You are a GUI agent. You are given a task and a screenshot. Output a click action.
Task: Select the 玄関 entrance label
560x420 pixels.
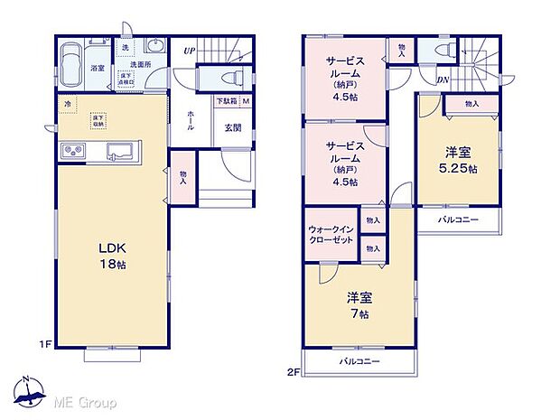pyautogui.click(x=231, y=127)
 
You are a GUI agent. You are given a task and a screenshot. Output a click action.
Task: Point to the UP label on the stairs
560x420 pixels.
pyautogui.click(x=189, y=51)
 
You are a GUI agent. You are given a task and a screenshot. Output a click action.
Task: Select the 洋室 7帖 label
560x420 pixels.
pyautogui.click(x=359, y=304)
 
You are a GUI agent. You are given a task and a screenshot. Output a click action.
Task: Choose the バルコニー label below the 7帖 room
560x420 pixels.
pyautogui.click(x=360, y=362)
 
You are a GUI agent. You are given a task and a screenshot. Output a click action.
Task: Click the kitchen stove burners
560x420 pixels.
pyautogui.click(x=72, y=150)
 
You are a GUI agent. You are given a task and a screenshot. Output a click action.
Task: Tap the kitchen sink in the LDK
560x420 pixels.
pyautogui.click(x=119, y=150)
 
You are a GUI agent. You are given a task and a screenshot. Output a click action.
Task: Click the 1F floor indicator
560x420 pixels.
pyautogui.click(x=42, y=344)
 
